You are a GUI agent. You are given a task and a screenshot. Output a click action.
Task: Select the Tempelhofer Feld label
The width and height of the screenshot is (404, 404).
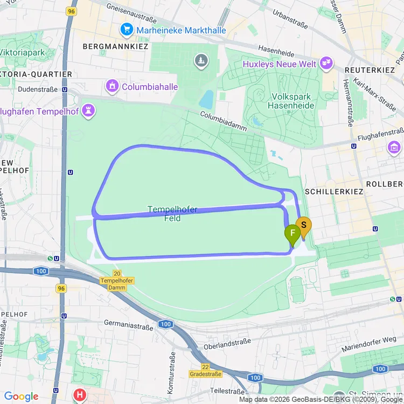coord(172,214)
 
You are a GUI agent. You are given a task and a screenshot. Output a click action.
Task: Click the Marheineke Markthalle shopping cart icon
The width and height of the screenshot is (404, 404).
coord(127,29)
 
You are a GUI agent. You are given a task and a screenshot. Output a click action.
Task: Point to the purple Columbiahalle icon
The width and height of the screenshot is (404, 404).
coord(112,86)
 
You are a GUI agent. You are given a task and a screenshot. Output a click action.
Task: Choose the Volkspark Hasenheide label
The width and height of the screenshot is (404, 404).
coord(291,101)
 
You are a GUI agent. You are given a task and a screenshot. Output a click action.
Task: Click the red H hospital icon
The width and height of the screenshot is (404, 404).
coord(80,395)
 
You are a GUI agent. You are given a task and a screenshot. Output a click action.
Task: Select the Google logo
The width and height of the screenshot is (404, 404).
coord(22,397)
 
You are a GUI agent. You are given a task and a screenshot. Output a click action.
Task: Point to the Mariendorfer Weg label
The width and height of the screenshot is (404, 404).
coord(369,344)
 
